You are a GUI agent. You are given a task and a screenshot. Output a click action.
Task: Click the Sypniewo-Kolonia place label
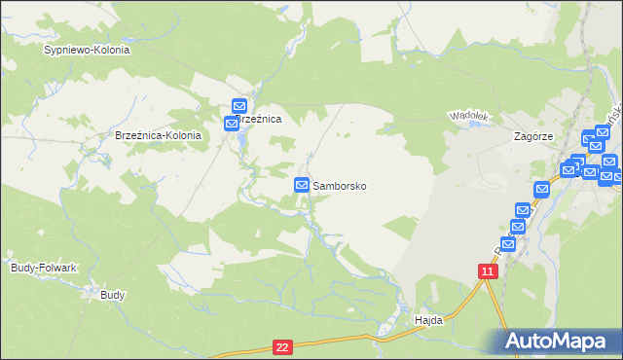[87, 49]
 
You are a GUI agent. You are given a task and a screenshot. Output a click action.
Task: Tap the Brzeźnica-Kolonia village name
[158, 136]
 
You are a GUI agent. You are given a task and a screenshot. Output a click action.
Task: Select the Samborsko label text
[339, 185]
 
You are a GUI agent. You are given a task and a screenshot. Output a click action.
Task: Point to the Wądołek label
[466, 116]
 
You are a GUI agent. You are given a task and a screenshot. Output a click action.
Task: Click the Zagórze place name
[533, 137]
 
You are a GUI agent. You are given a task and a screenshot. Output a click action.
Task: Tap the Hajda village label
[428, 319]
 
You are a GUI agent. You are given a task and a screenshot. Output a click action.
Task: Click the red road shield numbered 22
[282, 346]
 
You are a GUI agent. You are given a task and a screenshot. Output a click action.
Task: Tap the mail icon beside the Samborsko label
[302, 185]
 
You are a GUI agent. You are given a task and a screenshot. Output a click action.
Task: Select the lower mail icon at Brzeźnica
[232, 124]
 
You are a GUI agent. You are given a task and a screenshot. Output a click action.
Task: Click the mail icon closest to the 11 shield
[506, 243]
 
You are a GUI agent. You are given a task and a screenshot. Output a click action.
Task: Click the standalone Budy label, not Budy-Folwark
[112, 293]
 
